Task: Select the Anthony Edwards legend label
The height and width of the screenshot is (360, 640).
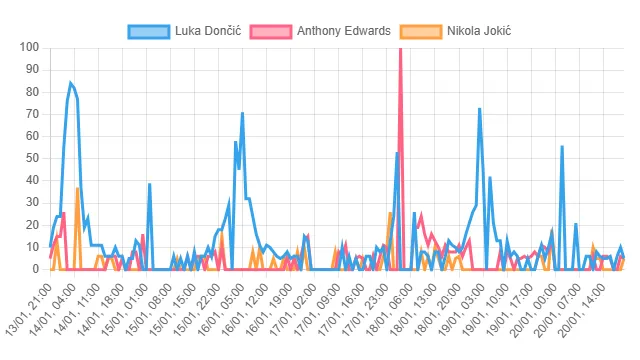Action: click(x=343, y=31)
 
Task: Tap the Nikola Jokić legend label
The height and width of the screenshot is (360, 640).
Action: click(x=479, y=31)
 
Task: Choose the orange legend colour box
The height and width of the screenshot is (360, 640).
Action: click(x=421, y=31)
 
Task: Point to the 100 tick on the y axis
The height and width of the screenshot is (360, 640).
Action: click(x=27, y=47)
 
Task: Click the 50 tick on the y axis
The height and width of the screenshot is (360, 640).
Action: click(x=30, y=158)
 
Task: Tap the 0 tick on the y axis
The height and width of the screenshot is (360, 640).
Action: click(x=34, y=269)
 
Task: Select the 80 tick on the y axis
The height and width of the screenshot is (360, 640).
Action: click(x=30, y=92)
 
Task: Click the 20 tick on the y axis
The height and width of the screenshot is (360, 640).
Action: click(x=30, y=225)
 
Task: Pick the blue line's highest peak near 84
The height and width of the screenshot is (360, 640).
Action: click(x=70, y=83)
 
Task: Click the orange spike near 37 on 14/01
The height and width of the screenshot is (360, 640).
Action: click(x=77, y=188)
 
